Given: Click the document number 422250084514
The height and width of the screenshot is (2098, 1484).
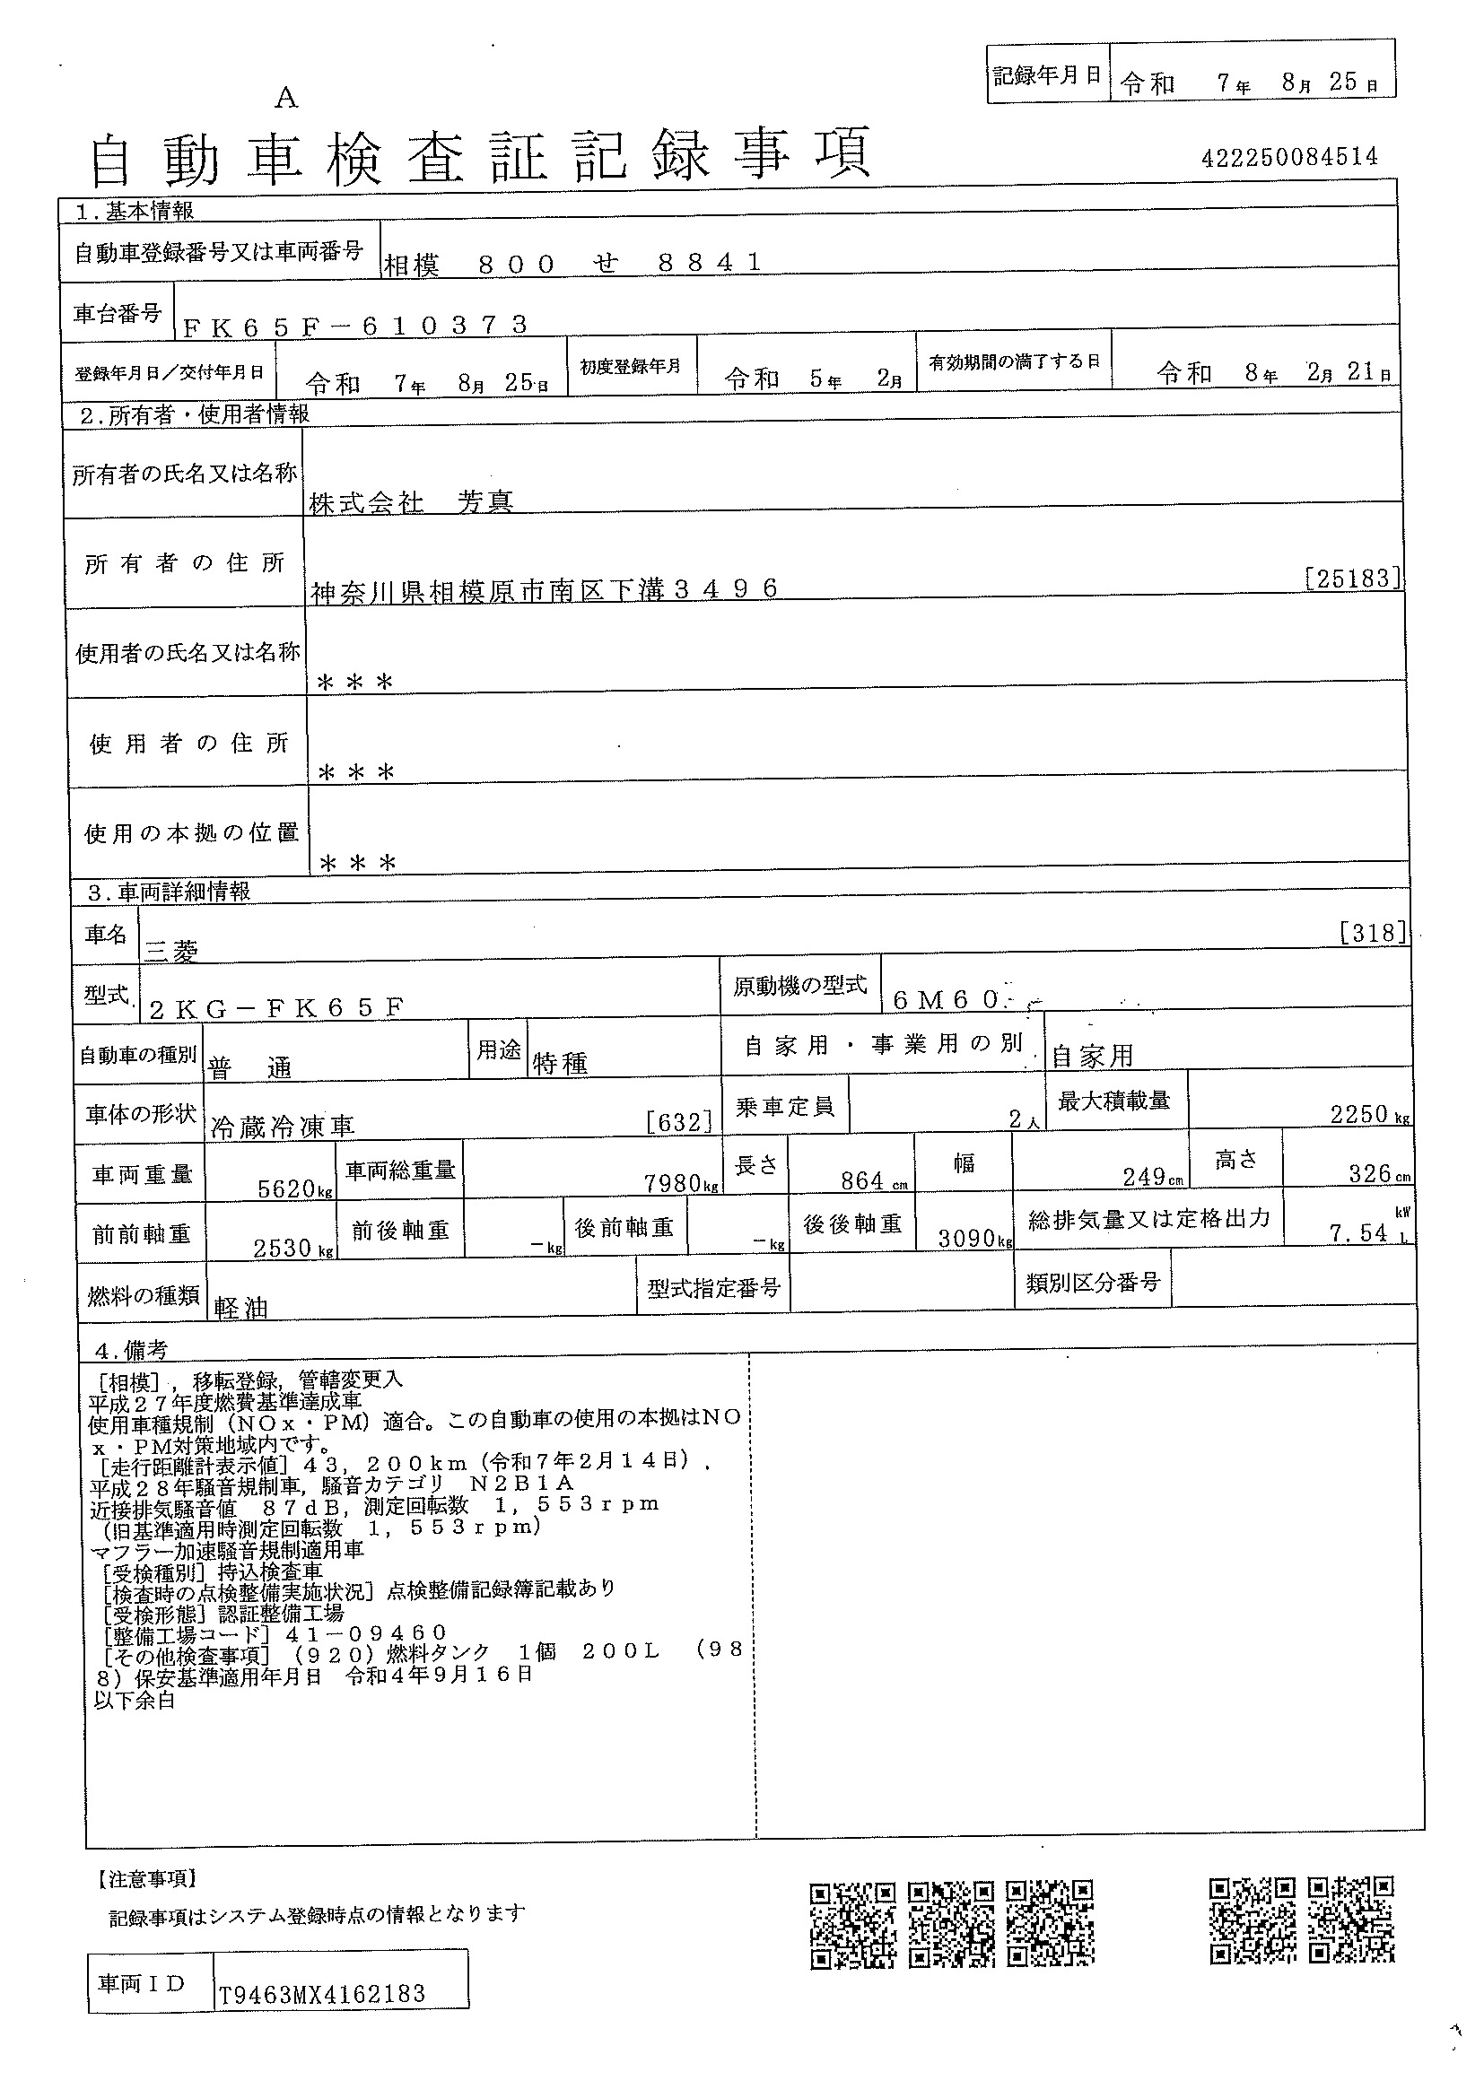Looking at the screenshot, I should click(1289, 157).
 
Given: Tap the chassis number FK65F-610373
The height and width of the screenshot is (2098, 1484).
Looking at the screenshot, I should click(355, 326).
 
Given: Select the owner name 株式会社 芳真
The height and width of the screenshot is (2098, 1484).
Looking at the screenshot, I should click(411, 501).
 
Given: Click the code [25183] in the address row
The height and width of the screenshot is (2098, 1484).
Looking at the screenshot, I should click(1352, 578).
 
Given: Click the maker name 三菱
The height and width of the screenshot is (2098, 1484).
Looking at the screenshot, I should click(170, 951).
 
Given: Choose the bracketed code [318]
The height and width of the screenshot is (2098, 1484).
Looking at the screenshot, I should click(1372, 932).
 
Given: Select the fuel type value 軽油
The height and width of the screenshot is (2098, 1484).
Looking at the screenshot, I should click(240, 1308).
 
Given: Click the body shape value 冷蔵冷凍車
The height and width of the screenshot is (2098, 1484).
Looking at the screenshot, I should click(283, 1127).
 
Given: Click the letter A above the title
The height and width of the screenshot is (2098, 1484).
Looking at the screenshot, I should click(286, 98).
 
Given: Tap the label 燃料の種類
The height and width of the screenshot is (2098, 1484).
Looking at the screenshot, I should click(143, 1295).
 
